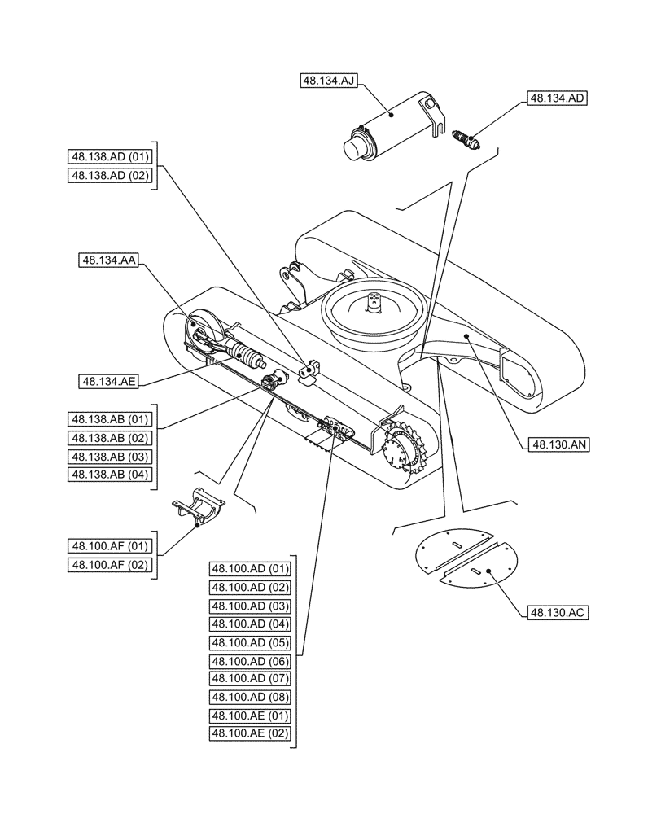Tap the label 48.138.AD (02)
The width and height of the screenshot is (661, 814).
click(112, 176)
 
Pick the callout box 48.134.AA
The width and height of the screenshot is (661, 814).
click(108, 260)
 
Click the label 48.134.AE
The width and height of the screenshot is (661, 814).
click(108, 380)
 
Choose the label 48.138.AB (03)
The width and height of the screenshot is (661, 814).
click(112, 456)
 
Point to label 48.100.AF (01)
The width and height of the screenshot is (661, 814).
click(112, 545)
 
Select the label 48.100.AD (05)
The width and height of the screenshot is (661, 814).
click(251, 642)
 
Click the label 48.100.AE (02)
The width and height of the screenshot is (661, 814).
click(251, 733)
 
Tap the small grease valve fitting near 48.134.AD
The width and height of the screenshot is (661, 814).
click(469, 138)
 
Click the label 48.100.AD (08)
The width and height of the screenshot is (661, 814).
click(251, 697)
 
